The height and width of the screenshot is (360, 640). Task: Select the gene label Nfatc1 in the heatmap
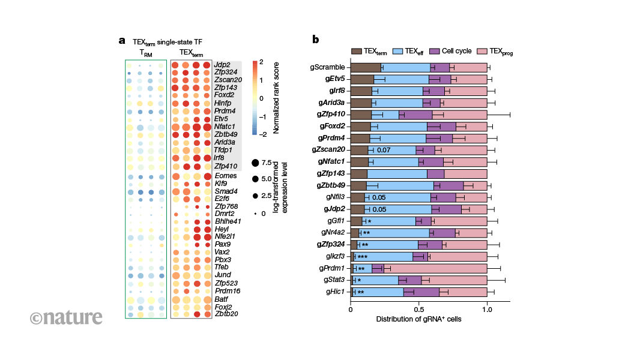[x=228, y=127]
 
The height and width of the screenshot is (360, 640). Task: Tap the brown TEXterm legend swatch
[x=357, y=52]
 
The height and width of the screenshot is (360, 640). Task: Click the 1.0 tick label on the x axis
[x=487, y=310]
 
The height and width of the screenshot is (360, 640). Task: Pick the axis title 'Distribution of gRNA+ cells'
[x=418, y=319]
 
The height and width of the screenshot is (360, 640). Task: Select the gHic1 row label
[x=336, y=292]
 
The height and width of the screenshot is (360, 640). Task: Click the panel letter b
[x=315, y=40]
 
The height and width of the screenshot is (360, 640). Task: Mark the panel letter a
[x=122, y=41]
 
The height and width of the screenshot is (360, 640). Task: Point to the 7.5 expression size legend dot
[x=255, y=162]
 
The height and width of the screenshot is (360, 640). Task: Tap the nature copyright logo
[x=66, y=317]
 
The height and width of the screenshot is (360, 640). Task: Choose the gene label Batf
[x=223, y=298]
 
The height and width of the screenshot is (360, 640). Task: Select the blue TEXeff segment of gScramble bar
[x=406, y=68]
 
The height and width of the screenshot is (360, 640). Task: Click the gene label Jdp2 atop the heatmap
[x=223, y=64]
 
